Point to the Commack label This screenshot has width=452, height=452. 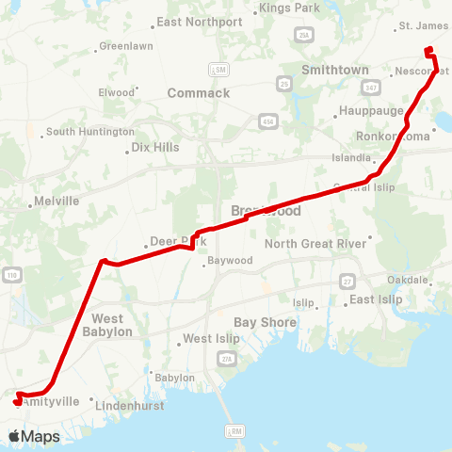click(x=198, y=93)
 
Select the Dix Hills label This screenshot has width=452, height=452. click(x=154, y=148)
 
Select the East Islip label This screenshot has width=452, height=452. click(x=376, y=299)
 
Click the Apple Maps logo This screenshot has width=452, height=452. click(x=34, y=436)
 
